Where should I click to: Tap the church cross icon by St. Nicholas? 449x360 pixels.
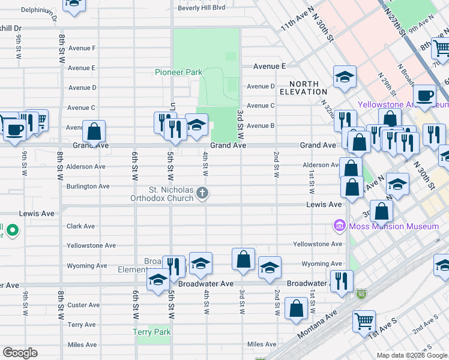[x=203, y=193]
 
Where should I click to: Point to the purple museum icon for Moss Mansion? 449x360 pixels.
[x=340, y=226]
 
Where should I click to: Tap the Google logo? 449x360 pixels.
[x=20, y=353]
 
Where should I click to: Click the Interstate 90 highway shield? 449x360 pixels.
[x=361, y=293]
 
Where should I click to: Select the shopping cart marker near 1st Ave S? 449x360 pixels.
[x=364, y=321]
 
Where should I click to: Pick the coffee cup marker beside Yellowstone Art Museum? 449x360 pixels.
[x=425, y=95]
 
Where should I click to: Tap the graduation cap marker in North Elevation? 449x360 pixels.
[x=345, y=76]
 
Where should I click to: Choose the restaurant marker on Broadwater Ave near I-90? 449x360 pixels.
[x=342, y=280]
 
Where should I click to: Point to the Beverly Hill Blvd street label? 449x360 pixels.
[x=201, y=7]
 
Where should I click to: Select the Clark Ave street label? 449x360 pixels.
[x=81, y=226]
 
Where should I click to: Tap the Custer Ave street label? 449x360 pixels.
[x=84, y=305]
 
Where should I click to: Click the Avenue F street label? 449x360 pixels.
[x=82, y=48]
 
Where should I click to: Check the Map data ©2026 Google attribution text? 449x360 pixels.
[x=411, y=355]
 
